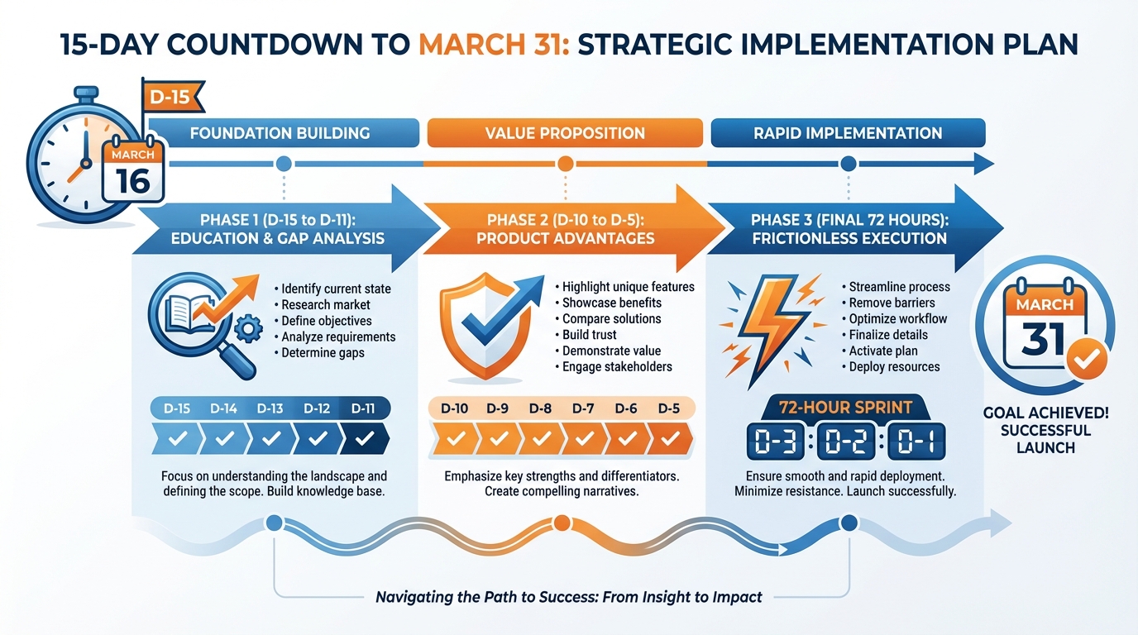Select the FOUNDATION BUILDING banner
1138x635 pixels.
[280, 133]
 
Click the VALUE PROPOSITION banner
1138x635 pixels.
[565, 133]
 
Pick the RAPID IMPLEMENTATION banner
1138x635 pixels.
[848, 133]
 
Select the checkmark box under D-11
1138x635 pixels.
[365, 439]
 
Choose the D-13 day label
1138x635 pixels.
[270, 408]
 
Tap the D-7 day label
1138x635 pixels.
[583, 408]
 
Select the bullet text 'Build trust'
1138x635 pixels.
[590, 335]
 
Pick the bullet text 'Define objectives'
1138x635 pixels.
[327, 321]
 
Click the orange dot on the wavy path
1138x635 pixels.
[561, 523]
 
